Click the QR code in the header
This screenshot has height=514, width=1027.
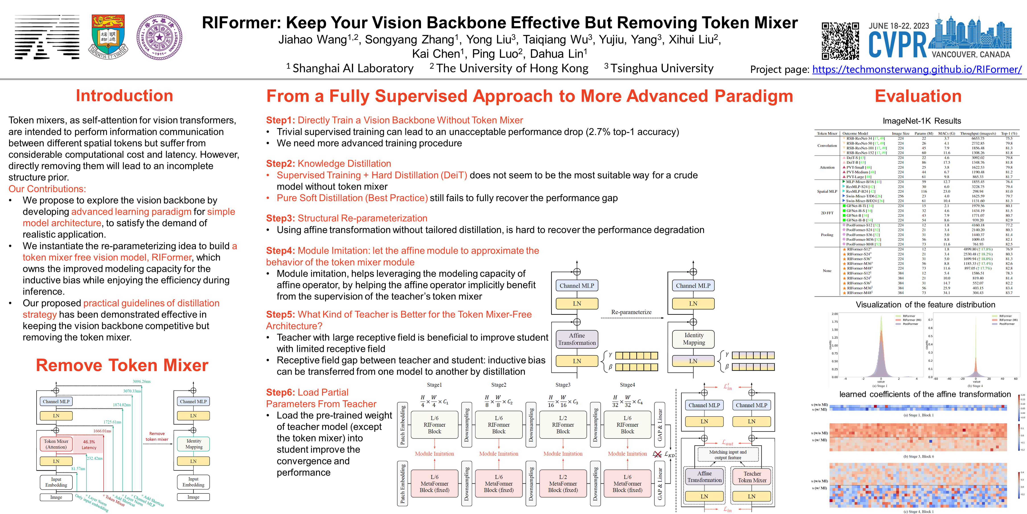point(840,41)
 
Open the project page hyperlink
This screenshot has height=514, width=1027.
point(916,69)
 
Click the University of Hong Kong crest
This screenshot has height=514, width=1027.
point(108,37)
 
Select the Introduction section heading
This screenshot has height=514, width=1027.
point(124,96)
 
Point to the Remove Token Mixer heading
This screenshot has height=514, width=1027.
point(122,365)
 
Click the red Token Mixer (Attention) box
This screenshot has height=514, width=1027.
point(56,444)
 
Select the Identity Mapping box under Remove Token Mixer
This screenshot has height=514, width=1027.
point(194,444)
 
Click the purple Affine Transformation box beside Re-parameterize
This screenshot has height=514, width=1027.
point(577,339)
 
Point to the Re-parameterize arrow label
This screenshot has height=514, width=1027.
point(631,312)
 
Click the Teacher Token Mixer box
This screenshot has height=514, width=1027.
point(752,477)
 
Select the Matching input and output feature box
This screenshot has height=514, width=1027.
point(728,454)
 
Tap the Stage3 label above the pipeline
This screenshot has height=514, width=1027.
point(563,385)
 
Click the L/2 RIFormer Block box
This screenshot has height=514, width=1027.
point(563,425)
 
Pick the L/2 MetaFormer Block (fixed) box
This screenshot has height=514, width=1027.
point(563,483)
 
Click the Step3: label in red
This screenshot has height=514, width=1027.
point(281,218)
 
